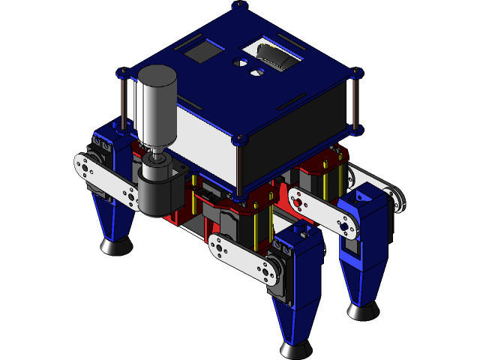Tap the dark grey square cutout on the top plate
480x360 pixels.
click(x=202, y=53)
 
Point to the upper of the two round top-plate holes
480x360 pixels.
click(x=241, y=64)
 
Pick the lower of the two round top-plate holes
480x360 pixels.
click(x=256, y=73)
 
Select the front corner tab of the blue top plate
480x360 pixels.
click(x=239, y=139)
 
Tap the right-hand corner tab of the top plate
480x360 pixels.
click(x=356, y=73)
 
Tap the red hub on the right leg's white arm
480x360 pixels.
click(x=298, y=202)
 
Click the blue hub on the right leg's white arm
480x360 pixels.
click(x=343, y=225)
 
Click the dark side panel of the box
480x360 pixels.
click(x=296, y=135)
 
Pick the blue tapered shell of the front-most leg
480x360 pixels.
click(x=300, y=300)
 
